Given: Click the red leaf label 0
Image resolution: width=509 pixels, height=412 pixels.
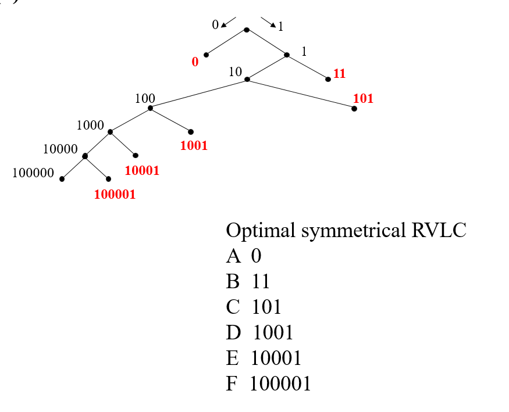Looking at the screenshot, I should (x=195, y=62).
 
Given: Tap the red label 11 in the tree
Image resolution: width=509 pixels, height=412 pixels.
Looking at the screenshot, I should (x=340, y=74).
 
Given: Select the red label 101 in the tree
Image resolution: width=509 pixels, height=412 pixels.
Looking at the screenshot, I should (x=363, y=98).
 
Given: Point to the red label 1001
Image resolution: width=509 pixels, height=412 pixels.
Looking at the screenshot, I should (x=194, y=145).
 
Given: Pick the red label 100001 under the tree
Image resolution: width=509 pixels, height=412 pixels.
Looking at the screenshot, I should (x=115, y=194).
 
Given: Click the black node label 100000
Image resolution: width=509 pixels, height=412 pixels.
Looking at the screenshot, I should (x=33, y=173).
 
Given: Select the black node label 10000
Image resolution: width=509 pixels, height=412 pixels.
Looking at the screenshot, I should (x=60, y=149).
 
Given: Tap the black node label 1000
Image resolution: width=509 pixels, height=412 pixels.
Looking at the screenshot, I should (x=90, y=125).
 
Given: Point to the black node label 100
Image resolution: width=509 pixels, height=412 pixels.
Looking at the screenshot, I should (x=145, y=99).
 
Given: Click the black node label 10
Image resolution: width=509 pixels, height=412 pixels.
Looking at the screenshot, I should (x=235, y=72).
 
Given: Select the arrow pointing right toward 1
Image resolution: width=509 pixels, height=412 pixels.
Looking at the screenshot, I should (x=268, y=23).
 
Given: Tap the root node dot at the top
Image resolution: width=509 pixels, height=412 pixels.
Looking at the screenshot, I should (x=247, y=30).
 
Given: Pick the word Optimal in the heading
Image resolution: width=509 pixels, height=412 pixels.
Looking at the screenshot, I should (x=261, y=231).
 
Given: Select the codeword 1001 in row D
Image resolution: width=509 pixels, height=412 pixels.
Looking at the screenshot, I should (x=273, y=332).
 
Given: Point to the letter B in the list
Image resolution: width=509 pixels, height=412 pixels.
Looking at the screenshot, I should (x=232, y=282).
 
